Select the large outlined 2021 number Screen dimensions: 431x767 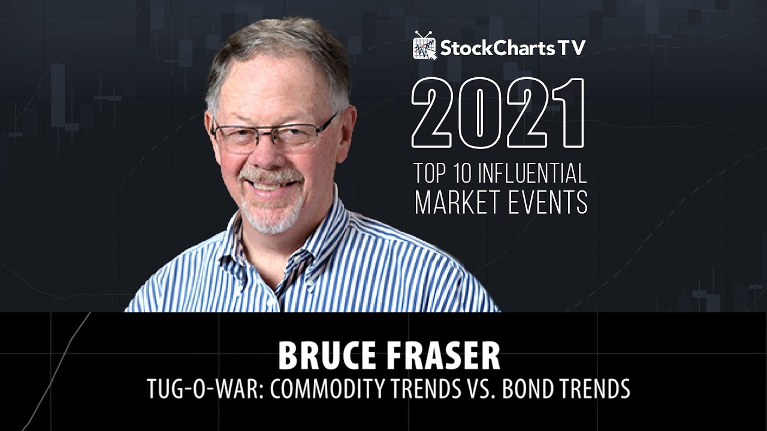pyautogui.click(x=498, y=113)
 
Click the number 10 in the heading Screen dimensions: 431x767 pyautogui.click(x=462, y=174)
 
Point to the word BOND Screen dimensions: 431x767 pyautogui.click(x=530, y=389)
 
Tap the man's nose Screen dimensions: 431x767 pyautogui.click(x=265, y=154)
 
